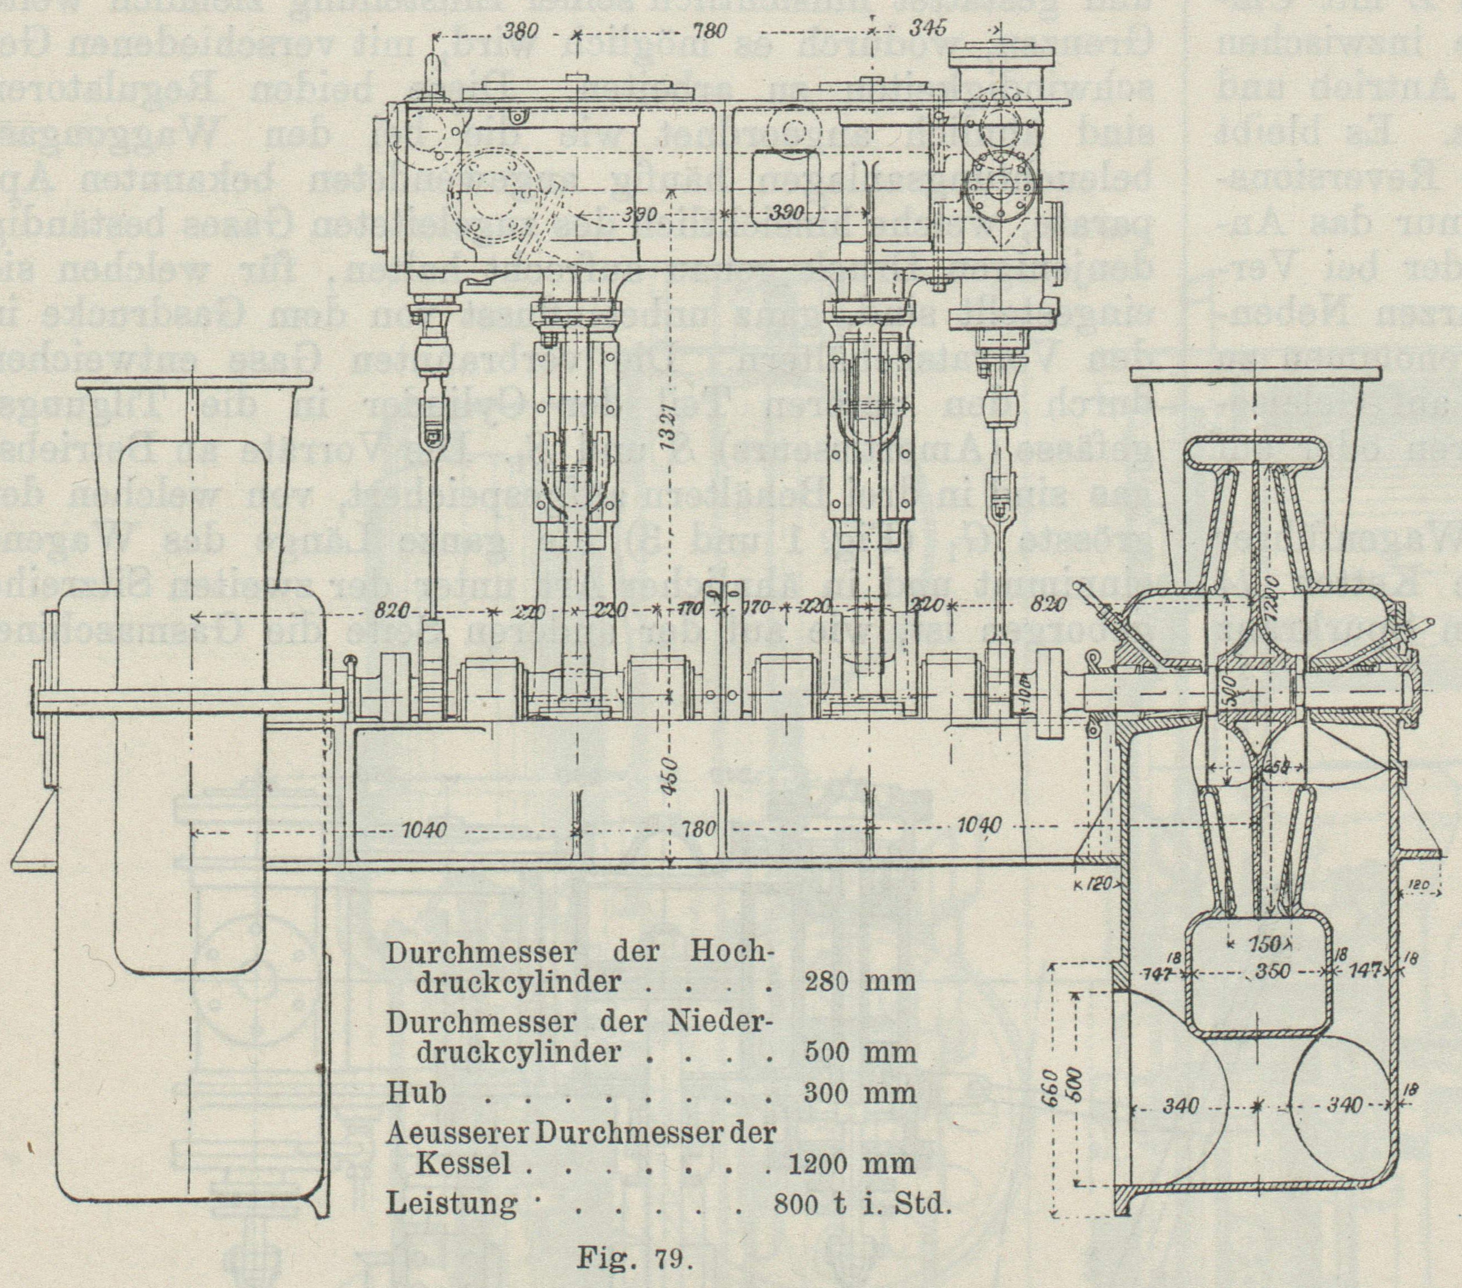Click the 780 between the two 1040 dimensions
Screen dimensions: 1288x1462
point(698,830)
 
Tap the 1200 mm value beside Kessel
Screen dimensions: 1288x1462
point(851,1163)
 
